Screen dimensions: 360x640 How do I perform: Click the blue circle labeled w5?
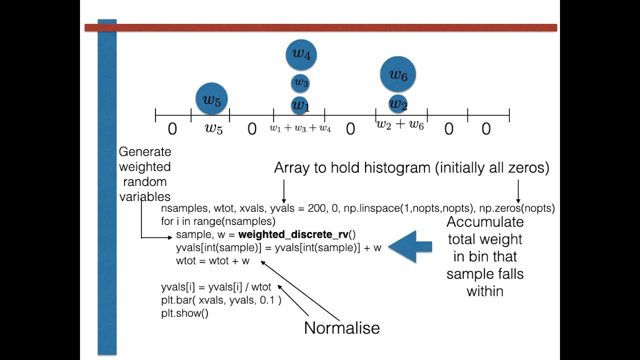coord(211,99)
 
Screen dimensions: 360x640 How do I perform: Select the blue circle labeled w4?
coord(301,54)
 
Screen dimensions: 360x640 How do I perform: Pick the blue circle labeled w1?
coord(300,105)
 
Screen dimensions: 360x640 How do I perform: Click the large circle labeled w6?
coord(398,74)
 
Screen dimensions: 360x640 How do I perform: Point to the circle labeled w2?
coord(398,104)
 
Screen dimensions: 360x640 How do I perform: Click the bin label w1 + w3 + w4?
coord(300,128)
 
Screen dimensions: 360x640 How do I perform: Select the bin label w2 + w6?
coord(399,125)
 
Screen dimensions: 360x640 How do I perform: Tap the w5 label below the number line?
coord(213,128)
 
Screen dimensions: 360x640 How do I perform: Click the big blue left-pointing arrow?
coord(410,246)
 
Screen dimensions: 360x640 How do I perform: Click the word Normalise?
coord(342,328)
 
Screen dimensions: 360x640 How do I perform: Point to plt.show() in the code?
coord(184,313)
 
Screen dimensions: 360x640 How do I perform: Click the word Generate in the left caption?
coord(145,152)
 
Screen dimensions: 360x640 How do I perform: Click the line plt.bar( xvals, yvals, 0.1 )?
coord(221,300)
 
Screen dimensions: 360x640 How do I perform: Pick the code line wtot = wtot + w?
coord(212,261)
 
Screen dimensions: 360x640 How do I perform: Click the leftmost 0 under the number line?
coord(172,129)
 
